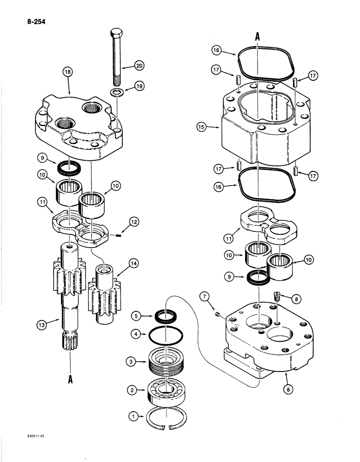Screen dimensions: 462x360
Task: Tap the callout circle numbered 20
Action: (139, 66)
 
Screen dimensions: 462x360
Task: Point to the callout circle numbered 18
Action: (68, 73)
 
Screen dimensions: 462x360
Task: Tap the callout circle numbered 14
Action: (134, 264)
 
